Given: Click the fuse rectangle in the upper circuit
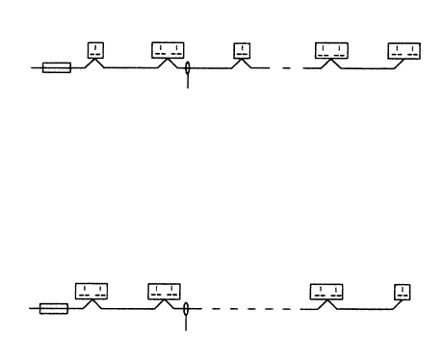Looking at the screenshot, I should (x=57, y=68).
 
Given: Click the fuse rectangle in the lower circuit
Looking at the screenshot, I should (x=54, y=310).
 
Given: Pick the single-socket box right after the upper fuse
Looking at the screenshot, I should (x=96, y=50).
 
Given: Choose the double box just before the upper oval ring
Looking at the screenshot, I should (x=168, y=50).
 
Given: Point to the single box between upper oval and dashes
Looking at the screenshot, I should (x=243, y=50).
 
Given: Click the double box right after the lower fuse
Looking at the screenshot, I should (x=91, y=290).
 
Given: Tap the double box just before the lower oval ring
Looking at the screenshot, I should (x=164, y=291).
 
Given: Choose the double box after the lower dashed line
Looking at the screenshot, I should (x=328, y=291).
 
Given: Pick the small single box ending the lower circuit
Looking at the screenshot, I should (x=402, y=291).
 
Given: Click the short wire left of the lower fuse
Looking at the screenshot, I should (x=36, y=310).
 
